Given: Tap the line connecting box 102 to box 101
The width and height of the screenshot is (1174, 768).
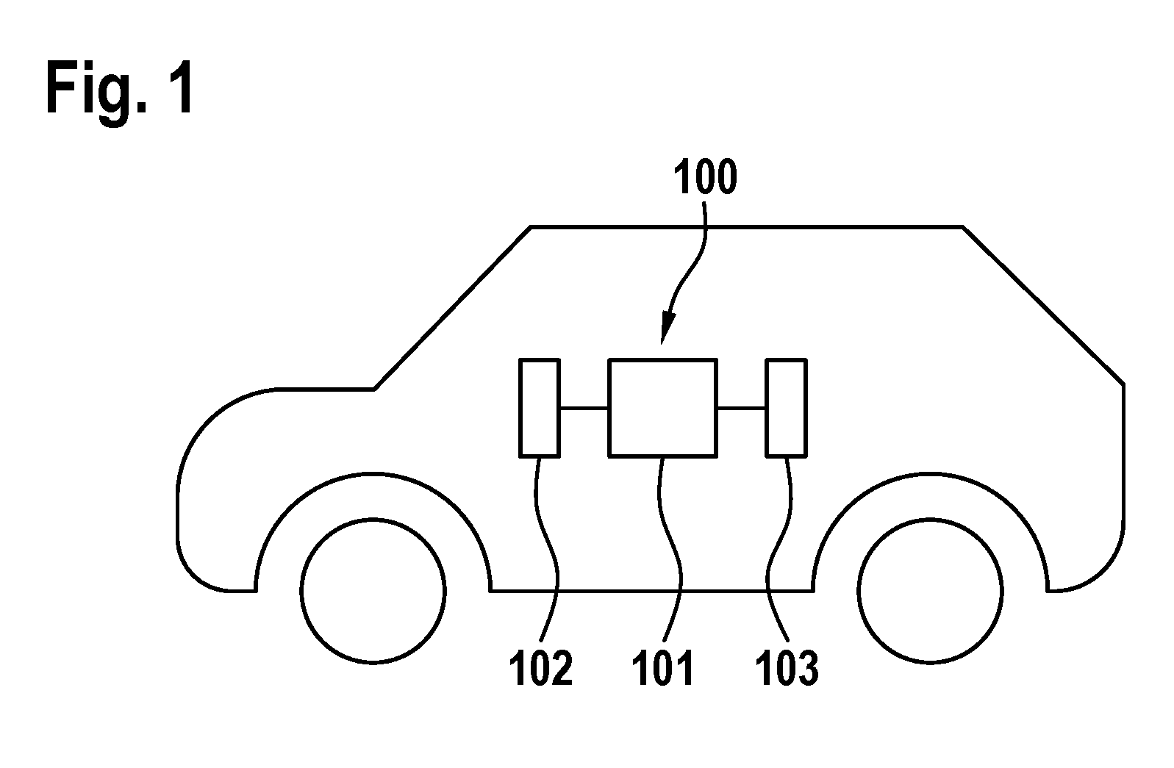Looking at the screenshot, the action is coord(584,408).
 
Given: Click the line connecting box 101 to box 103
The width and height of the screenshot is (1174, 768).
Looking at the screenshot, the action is coord(742,408).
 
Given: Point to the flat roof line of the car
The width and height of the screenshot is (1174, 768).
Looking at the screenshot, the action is coord(747,227).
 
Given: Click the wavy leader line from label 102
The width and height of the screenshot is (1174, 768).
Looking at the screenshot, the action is coord(548,550).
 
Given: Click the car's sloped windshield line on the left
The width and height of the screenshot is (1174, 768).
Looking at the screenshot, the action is coord(453,308).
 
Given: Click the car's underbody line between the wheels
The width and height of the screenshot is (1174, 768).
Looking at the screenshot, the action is coord(651,591).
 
